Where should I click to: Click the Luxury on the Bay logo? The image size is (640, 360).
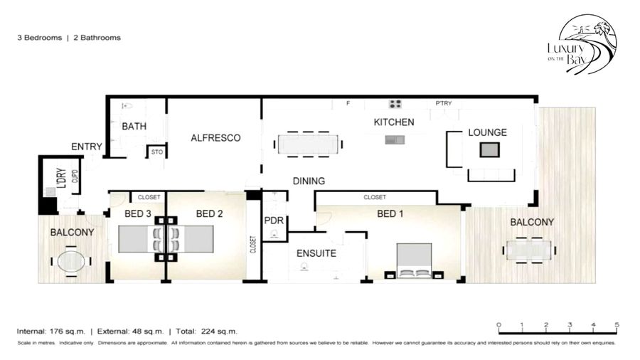point(582,44)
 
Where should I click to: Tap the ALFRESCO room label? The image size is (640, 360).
point(215,138)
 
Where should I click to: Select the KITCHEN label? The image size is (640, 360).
point(394,122)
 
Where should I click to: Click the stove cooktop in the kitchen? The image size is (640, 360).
point(395,104)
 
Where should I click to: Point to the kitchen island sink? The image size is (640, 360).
point(395,140)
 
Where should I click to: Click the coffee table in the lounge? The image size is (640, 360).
point(489,150)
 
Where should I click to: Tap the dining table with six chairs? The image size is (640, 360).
point(308,144)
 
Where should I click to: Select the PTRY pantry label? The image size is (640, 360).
point(443,103)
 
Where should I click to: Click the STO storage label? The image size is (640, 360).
point(157,152)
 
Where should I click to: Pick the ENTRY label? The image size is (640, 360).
point(87,147)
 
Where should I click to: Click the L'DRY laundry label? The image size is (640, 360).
point(62,178)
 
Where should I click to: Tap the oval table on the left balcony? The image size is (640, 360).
point(71,261)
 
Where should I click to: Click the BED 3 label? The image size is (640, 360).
point(138,214)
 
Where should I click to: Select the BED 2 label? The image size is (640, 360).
point(209,214)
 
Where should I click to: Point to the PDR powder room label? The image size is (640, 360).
point(274,221)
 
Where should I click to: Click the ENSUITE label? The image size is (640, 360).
point(316,253)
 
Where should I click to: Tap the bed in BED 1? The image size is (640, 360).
point(415,261)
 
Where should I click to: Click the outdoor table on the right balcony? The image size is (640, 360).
point(528,250)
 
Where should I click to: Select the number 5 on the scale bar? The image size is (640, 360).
point(617,325)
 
